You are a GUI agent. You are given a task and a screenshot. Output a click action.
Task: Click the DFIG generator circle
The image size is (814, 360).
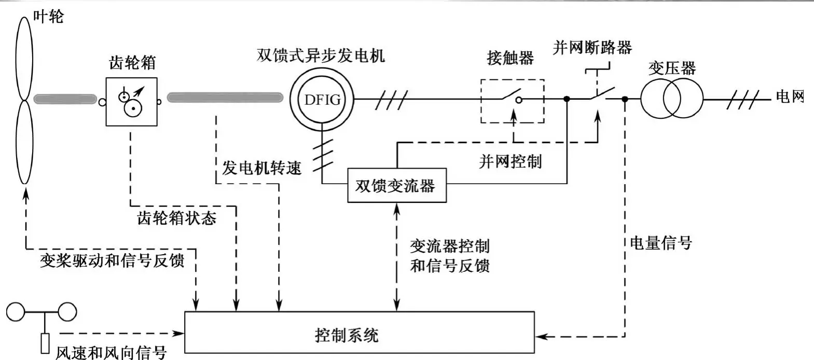click(322, 99)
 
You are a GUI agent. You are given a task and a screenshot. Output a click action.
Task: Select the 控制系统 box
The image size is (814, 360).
click(360, 333)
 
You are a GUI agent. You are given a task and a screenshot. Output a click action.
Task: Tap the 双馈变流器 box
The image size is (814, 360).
click(396, 185)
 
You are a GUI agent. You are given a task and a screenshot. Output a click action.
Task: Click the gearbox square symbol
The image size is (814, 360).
click(132, 102)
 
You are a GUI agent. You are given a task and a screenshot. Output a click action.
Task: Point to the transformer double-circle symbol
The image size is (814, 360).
click(671, 99)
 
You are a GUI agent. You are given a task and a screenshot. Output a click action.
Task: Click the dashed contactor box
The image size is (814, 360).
click(512, 101)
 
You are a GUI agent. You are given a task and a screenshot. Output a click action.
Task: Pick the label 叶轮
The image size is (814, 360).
click(48, 17)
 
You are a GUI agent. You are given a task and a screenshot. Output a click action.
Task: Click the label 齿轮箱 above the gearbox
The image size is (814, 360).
click(132, 63)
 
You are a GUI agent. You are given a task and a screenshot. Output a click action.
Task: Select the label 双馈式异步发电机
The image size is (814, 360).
click(321, 55)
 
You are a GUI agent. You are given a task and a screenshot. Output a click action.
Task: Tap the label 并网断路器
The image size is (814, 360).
click(592, 48)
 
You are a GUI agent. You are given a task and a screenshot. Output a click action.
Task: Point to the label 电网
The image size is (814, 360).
click(789, 96)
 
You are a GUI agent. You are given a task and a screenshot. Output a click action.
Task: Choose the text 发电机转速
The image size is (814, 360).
click(261, 168)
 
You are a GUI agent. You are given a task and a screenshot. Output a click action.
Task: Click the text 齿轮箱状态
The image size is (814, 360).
click(176, 217)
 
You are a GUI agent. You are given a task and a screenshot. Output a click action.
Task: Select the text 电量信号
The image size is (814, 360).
click(660, 242)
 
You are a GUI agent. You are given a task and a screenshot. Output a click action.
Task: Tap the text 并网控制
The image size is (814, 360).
click(510, 161)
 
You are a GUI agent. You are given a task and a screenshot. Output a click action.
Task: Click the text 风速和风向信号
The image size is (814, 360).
click(111, 352)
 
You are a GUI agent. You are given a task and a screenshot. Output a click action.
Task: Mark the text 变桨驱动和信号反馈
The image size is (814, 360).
click(112, 260)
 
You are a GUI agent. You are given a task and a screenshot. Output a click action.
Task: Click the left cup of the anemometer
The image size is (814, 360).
click(16, 312)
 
